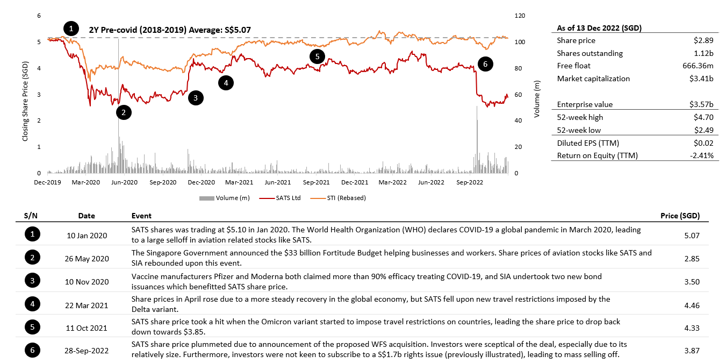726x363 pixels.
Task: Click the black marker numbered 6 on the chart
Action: click(485, 64)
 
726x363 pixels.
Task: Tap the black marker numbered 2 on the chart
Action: click(124, 112)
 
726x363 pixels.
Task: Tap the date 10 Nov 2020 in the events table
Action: click(86, 282)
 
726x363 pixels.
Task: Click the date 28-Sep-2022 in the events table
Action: click(86, 351)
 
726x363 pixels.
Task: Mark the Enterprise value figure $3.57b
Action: click(701, 104)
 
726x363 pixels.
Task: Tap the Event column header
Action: click(141, 216)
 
